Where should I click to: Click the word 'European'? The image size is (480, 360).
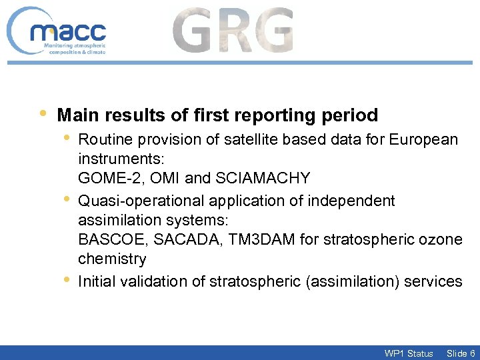point(424,139)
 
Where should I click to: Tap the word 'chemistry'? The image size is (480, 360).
point(111,259)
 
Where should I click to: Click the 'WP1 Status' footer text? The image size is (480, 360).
point(409,353)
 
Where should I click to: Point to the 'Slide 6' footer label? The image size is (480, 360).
point(461,353)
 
